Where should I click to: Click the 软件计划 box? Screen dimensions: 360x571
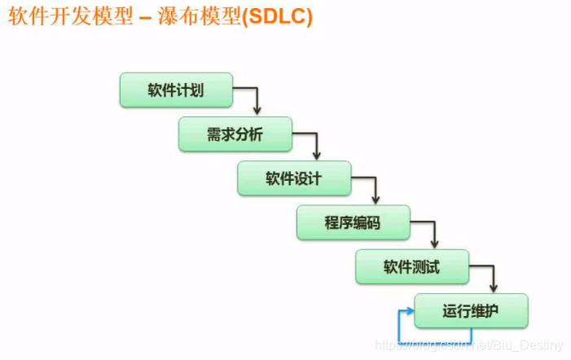[x=176, y=90]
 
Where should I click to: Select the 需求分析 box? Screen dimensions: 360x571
[x=235, y=134]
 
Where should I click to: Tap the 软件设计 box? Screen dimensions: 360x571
[x=294, y=178]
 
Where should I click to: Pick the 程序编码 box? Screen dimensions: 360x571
[x=353, y=222]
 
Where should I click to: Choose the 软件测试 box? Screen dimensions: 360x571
[x=412, y=267]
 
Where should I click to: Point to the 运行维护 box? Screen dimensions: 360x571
[x=471, y=311]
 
